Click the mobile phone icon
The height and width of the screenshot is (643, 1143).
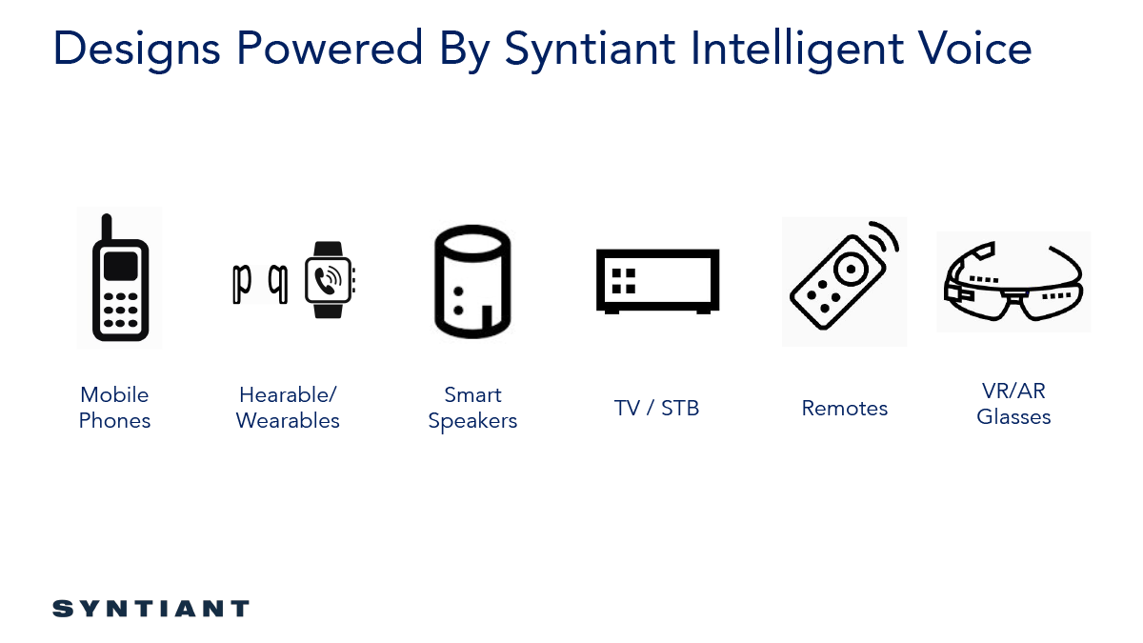[x=120, y=278]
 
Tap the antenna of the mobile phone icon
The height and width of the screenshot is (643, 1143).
[x=107, y=227]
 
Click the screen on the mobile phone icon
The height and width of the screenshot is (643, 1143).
[x=120, y=266]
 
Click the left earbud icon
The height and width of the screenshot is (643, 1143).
[x=241, y=284]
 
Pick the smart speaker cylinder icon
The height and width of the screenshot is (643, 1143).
[x=472, y=282]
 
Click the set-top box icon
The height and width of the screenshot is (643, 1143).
[x=658, y=281]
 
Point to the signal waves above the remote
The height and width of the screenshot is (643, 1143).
[x=885, y=237]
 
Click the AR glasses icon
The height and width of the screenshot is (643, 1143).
[x=1013, y=281]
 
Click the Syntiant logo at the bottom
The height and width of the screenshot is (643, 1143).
[x=151, y=609]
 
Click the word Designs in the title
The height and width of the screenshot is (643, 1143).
[x=136, y=50]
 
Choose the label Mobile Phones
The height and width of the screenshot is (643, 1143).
[x=114, y=408]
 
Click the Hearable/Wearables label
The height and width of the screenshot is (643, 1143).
[x=288, y=408]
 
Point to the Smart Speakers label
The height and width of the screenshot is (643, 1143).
[x=472, y=408]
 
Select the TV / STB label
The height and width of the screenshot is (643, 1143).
[x=656, y=409]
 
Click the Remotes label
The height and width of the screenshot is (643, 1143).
[x=845, y=409]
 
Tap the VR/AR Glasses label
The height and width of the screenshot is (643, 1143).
[x=1013, y=404]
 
